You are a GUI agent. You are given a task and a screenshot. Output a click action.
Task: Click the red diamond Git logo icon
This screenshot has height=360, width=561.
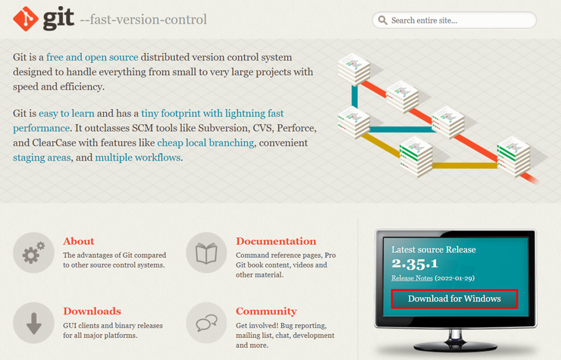[26, 19]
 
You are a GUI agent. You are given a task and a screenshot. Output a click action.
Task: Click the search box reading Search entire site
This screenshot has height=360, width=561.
[454, 20]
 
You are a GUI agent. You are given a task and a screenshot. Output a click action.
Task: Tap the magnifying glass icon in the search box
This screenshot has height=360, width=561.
[383, 20]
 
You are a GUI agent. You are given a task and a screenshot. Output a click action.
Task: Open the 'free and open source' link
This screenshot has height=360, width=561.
[92, 58]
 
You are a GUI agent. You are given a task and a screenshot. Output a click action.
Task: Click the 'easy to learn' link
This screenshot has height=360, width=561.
[67, 114]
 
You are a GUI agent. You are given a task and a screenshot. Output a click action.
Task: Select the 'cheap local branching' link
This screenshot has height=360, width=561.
[205, 142]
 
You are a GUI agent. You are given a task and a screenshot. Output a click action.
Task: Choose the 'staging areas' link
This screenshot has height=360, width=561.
[42, 158]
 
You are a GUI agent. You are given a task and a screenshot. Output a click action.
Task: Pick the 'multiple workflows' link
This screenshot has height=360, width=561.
[138, 158]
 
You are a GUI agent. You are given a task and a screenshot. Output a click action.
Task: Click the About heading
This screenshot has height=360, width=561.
[79, 241]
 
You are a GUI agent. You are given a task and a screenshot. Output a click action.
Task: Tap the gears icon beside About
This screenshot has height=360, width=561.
[33, 252]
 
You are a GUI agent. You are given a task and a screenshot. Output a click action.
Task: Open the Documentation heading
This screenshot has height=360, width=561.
[276, 241]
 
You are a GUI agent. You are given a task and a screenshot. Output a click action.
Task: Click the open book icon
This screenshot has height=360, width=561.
[206, 252]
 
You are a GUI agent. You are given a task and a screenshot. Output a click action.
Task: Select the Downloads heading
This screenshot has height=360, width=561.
[92, 311]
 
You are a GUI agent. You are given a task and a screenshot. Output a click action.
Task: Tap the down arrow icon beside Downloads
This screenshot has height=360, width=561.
[33, 323]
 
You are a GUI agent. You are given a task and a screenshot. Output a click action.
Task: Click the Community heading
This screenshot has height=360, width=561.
[266, 311]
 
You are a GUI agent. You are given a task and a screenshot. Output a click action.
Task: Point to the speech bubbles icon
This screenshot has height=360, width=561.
[206, 323]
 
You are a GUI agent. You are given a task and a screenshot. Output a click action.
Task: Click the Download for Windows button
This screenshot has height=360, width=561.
[454, 299]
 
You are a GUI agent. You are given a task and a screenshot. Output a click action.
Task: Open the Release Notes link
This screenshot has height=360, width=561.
[412, 278]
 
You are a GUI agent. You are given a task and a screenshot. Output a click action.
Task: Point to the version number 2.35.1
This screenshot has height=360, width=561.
[415, 264]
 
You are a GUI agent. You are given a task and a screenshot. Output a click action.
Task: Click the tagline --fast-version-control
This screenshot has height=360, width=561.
[143, 19]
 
